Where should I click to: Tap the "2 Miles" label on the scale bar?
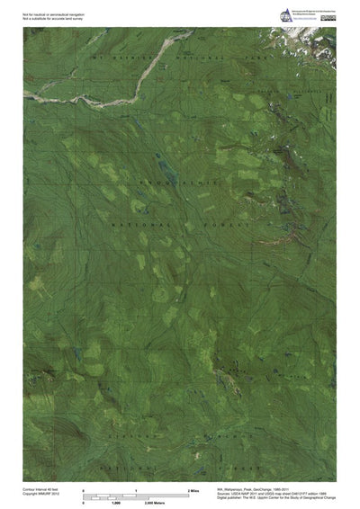[193, 489]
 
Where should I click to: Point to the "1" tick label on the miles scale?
[136, 489]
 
